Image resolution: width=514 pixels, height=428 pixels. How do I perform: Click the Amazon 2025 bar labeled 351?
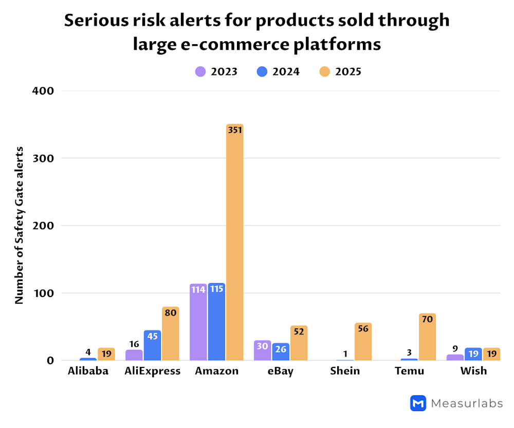click(234, 242)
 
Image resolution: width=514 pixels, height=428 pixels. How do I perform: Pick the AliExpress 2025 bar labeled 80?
click(170, 334)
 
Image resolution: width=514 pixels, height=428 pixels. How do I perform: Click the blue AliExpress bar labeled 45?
click(152, 345)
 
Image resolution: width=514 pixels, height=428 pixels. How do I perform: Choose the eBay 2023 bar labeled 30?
click(262, 350)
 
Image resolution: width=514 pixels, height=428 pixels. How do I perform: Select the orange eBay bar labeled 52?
click(299, 343)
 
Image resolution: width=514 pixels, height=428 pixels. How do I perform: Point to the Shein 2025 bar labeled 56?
click(363, 342)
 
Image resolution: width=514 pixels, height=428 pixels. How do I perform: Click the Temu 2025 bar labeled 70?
click(427, 337)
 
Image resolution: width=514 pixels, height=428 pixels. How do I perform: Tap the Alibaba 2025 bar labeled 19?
click(106, 355)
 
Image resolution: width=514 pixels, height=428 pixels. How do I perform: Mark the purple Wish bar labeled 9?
click(455, 358)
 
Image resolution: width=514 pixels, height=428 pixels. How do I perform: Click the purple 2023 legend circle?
click(201, 71)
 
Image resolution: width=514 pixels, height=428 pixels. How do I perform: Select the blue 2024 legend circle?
click(263, 71)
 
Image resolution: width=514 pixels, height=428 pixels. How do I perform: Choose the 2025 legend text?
click(348, 71)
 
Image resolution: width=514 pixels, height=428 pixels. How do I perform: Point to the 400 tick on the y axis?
click(43, 91)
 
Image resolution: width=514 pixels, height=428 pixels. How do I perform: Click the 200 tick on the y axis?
click(43, 226)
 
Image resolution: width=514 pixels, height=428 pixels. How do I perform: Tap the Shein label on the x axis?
click(345, 371)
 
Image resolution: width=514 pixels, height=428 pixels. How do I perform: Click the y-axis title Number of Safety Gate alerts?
click(19, 225)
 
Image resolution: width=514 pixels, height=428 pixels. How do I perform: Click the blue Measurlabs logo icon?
click(418, 403)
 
